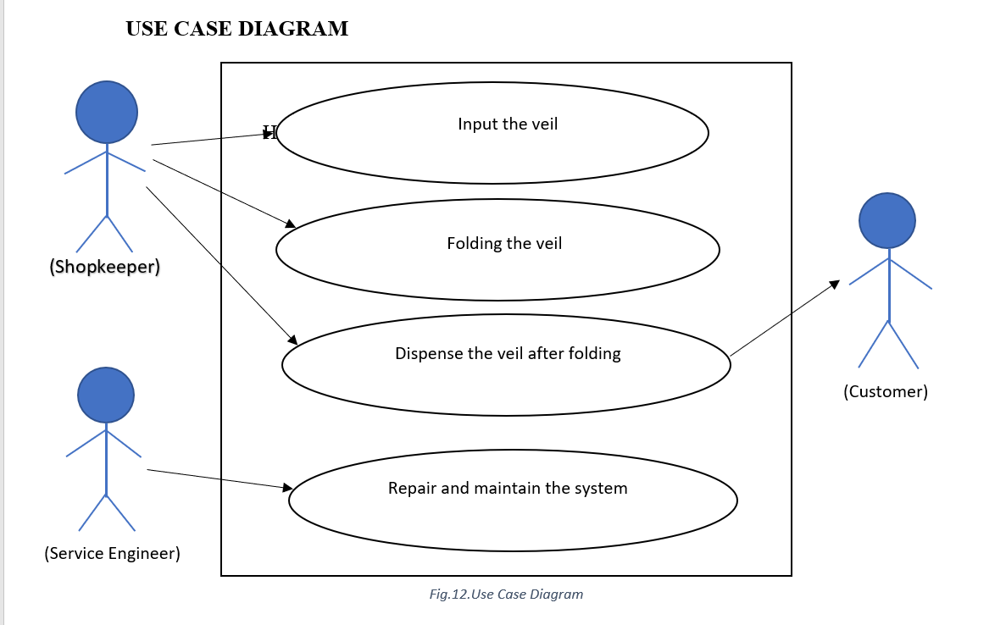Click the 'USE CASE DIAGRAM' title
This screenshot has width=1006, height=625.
[x=236, y=29]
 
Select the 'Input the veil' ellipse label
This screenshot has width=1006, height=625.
[x=508, y=124]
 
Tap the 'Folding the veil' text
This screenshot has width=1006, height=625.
[x=504, y=244]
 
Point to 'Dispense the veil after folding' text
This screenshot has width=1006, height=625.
[x=508, y=354]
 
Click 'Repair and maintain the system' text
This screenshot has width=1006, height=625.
[x=508, y=489]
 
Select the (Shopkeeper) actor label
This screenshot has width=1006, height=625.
[x=104, y=267]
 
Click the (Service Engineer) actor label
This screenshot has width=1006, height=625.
[x=112, y=553]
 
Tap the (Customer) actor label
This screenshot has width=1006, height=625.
[x=886, y=391]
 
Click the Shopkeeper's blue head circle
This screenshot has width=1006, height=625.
[x=107, y=112]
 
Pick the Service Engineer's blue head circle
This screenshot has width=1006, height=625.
[x=106, y=395]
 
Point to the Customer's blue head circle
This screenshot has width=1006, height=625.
[x=887, y=220]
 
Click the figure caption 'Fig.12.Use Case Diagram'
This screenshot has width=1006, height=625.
[x=506, y=595]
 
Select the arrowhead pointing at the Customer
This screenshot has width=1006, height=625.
[x=835, y=284]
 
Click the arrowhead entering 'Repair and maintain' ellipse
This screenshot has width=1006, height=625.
[x=287, y=487]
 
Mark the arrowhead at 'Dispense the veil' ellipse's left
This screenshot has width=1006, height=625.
[x=292, y=340]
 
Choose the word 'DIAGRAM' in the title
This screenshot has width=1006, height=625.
[x=293, y=29]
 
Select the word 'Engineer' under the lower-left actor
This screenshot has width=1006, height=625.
[x=142, y=553]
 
